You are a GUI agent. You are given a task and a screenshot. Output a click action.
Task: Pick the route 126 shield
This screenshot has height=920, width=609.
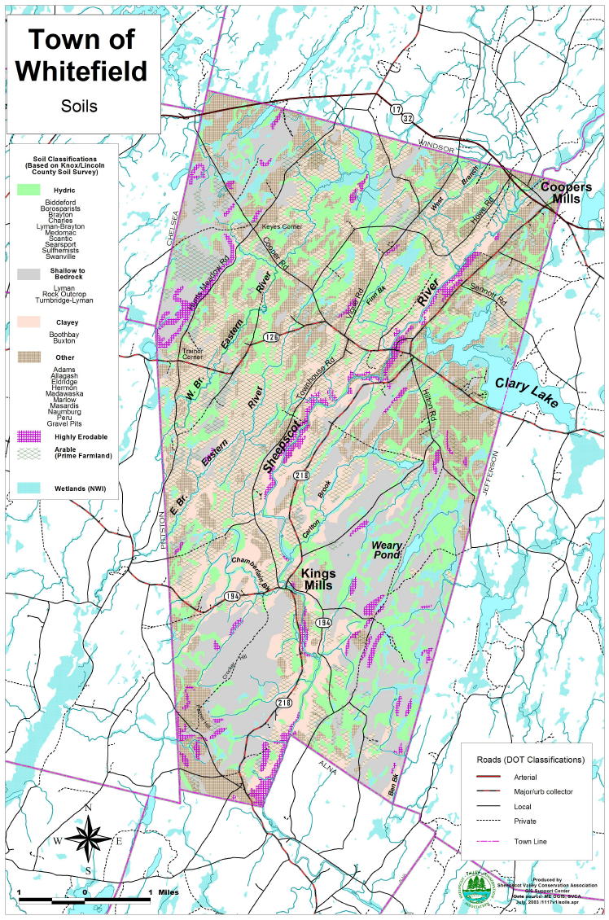[x=269, y=335]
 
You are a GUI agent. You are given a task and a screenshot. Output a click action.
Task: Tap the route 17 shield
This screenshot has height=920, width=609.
[x=396, y=108]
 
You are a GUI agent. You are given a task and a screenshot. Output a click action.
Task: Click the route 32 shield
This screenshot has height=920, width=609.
[x=407, y=118]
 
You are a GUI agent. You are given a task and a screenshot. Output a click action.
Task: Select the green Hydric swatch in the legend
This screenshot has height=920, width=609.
[x=28, y=189]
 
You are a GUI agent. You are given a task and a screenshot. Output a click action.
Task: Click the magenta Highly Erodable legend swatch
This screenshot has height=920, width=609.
[x=28, y=437]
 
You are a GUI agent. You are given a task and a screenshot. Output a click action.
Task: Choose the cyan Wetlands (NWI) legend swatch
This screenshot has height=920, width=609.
[x=28, y=487]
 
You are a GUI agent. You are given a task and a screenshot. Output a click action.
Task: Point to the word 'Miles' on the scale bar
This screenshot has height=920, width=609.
[x=169, y=893]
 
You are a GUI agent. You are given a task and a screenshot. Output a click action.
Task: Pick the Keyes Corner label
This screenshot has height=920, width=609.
[x=283, y=226]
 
